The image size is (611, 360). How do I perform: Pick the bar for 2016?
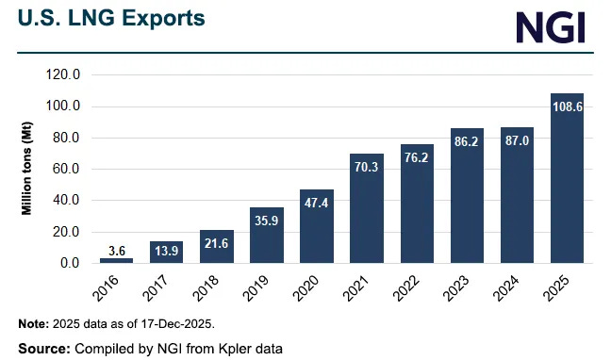pos(116,260)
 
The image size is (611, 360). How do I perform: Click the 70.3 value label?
pos(367,166)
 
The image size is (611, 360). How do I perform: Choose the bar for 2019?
pos(266,235)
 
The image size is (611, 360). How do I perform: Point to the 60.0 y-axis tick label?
pos(74,170)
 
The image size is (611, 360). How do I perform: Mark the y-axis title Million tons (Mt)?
pos(29,169)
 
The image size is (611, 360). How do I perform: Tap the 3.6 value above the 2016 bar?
pos(116,250)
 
